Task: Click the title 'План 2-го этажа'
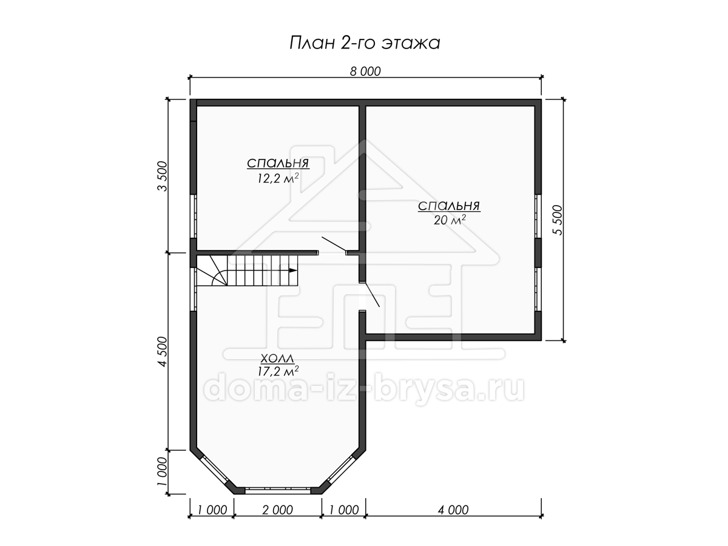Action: (365, 43)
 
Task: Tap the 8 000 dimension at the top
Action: (365, 71)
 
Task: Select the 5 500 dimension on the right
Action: (558, 220)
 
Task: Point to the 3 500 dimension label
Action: (163, 176)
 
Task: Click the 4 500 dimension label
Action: (163, 351)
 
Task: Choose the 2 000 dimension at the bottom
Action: (277, 510)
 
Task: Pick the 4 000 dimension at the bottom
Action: (453, 510)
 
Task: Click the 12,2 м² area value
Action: (278, 178)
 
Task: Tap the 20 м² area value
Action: (450, 220)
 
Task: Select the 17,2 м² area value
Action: (278, 371)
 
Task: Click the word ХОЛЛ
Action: (277, 359)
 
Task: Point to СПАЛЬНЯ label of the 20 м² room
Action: (449, 206)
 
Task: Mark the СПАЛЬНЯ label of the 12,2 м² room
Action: (278, 163)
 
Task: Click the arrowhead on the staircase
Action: (292, 270)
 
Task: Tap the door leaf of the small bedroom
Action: (334, 244)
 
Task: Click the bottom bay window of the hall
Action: (278, 490)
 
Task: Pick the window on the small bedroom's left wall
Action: (194, 216)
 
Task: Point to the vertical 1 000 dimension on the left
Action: (163, 471)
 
